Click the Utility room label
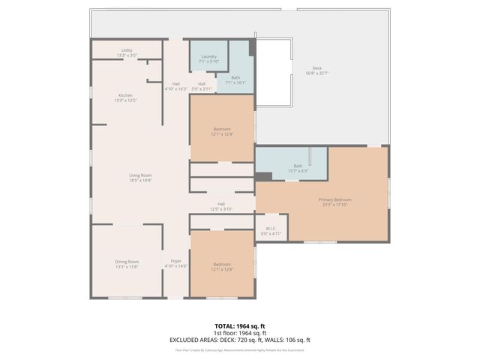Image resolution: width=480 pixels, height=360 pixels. pos(127,52)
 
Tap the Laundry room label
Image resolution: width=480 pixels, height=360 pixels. pos(209,58)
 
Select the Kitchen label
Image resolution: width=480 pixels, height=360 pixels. pos(126,97)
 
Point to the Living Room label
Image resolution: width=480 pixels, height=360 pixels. pos(140,177)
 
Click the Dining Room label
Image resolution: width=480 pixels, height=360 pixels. pos(127,264)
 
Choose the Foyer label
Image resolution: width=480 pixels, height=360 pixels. pos(175,263)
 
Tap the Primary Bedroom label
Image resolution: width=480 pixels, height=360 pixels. pos(334,202)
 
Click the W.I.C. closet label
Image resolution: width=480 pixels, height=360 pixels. pos(271,231)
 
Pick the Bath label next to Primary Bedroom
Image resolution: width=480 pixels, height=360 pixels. pos(298,168)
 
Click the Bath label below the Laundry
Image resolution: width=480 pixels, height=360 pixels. pos(235,80)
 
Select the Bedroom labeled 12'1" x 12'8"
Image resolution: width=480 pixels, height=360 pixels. pos(222,266)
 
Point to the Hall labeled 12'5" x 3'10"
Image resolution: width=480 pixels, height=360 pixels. pos(221,206)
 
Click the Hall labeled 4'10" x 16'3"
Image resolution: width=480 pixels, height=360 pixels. pos(175,86)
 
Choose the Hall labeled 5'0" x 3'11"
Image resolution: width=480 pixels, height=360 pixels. pos(202,86)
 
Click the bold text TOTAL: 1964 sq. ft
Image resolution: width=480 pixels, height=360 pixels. pos(239,326)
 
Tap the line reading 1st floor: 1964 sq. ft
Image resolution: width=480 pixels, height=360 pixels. pos(239,333)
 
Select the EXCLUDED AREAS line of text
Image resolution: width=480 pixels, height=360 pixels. pos(239,340)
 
